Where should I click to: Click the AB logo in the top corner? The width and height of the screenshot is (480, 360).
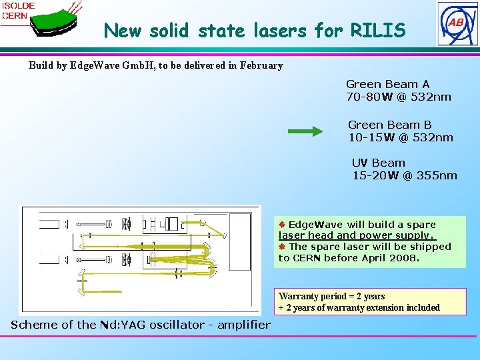tap(457, 23)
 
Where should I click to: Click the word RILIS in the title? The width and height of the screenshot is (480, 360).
tap(381, 31)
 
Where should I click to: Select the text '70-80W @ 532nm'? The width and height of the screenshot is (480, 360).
tap(398, 97)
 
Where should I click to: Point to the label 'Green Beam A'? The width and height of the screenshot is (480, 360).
tap(387, 84)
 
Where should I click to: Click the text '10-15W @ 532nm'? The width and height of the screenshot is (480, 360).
tap(400, 137)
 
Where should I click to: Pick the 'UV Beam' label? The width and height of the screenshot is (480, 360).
tap(378, 163)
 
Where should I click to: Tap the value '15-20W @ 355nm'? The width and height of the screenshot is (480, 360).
tap(405, 175)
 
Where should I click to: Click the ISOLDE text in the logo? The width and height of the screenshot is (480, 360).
tap(18, 6)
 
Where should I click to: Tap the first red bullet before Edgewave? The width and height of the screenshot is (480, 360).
tap(282, 225)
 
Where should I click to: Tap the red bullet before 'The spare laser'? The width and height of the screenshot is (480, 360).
tap(282, 246)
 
